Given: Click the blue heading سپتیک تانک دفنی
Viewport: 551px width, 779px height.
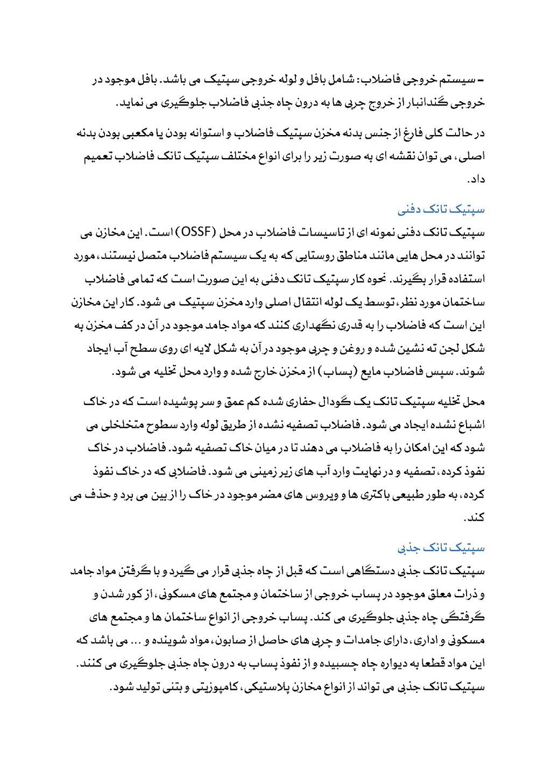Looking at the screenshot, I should pos(441,209).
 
